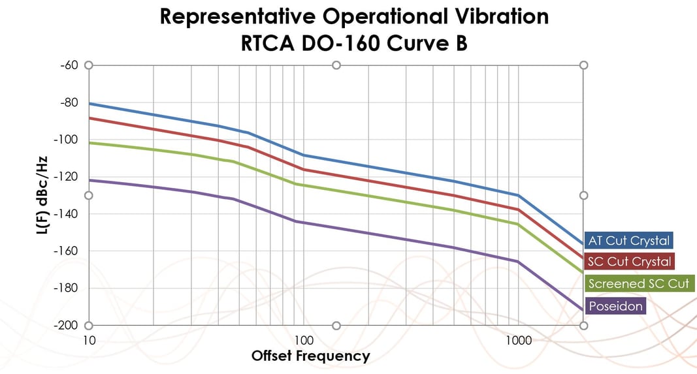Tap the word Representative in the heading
[x=235, y=16]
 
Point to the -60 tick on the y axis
[x=68, y=65]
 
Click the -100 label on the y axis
[x=66, y=140]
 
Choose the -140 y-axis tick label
[x=66, y=214]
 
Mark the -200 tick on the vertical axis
[x=66, y=325]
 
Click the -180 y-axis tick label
[x=66, y=288]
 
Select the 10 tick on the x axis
[x=89, y=341]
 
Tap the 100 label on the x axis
[x=303, y=341]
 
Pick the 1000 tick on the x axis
[x=518, y=341]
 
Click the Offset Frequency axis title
[x=310, y=356]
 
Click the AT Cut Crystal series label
[x=628, y=240]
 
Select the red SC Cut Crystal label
[x=628, y=262]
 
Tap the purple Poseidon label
[x=615, y=306]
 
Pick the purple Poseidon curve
[x=392, y=238]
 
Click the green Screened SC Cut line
[x=392, y=200]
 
